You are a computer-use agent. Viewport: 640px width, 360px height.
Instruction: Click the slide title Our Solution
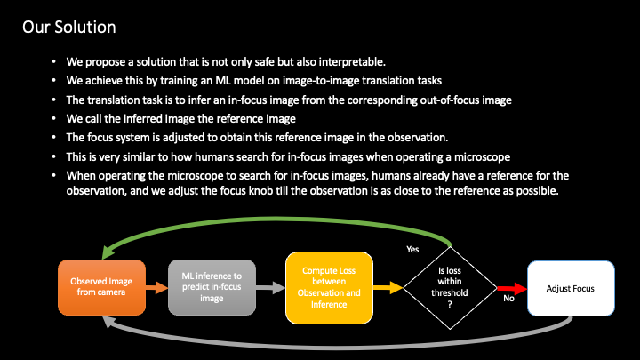tap(68, 26)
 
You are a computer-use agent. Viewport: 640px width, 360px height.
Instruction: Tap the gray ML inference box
tap(212, 287)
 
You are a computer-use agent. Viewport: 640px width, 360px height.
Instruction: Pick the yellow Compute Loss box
tap(328, 286)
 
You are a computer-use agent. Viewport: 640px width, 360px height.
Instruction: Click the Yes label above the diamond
tap(412, 249)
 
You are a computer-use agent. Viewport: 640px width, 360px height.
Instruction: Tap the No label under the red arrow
tap(508, 300)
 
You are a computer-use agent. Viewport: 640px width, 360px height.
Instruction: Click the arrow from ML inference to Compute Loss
tap(270, 287)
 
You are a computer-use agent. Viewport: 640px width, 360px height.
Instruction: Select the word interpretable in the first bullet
tap(335, 62)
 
